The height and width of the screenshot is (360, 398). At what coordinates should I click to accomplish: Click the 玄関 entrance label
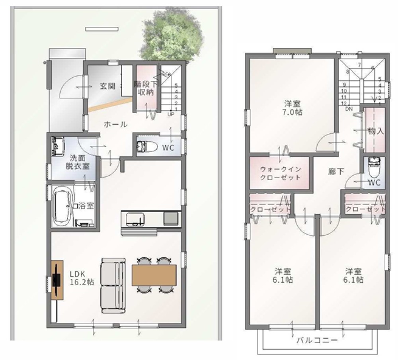[107, 86]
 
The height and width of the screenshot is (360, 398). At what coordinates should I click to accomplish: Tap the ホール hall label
[115, 124]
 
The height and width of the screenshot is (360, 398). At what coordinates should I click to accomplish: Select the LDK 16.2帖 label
[82, 278]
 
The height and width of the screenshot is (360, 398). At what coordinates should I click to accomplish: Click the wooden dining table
[154, 275]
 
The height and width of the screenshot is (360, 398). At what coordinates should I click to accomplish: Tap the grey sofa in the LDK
[113, 286]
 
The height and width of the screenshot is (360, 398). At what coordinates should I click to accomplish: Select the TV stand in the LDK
[57, 280]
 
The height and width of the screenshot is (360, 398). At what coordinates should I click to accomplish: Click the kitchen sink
[135, 219]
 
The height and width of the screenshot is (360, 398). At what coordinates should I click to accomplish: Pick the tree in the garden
[172, 35]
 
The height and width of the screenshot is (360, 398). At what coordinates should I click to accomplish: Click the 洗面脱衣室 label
[78, 162]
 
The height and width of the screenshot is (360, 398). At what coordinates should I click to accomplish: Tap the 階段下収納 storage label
[146, 88]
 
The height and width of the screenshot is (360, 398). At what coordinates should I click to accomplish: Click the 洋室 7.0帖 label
[293, 108]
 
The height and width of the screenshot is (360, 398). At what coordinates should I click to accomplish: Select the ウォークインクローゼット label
[281, 173]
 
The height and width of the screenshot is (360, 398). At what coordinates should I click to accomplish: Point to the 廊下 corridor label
[336, 172]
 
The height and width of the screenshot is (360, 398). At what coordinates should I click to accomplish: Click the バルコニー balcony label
[317, 340]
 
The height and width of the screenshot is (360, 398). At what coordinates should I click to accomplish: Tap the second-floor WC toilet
[374, 167]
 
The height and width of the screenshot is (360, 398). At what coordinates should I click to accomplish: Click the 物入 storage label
[376, 131]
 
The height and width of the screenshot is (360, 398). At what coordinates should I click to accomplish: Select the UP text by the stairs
[171, 114]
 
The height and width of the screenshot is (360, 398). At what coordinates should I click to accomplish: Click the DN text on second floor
[349, 109]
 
